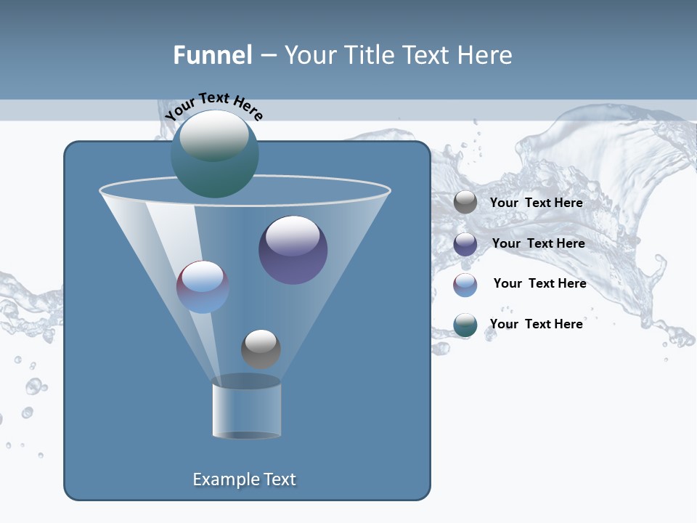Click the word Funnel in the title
[212, 55]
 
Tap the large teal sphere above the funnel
[214, 154]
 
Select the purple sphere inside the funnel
[293, 250]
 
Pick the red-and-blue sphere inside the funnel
[203, 287]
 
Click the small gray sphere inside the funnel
[261, 349]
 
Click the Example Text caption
[245, 479]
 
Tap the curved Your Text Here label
[213, 106]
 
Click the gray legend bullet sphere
[465, 203]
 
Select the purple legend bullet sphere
[465, 244]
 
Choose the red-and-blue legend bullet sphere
[465, 285]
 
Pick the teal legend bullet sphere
[465, 325]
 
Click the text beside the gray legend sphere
[536, 203]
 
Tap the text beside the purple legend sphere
[538, 243]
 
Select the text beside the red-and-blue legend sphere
[539, 283]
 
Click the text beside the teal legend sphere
[536, 324]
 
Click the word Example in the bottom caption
[223, 479]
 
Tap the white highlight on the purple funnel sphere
[293, 236]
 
